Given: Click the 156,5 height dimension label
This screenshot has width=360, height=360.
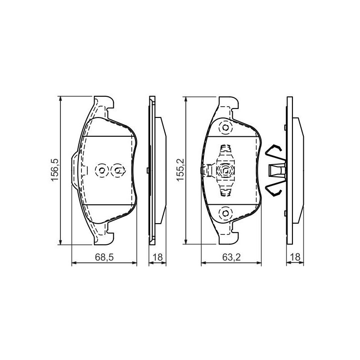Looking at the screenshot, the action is pos(55,170).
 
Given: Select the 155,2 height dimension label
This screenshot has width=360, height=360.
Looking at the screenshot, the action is pos(180,170).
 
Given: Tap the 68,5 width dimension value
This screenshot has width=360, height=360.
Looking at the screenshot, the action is pos(104,257).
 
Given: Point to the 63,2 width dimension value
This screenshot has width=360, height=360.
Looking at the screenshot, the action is pos(231,257).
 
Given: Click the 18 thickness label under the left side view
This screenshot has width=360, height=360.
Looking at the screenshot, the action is pos(157,257).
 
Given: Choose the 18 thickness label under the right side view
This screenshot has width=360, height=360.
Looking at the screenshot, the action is pos(295,257).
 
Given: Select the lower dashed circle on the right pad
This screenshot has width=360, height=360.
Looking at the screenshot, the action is pos(226,213).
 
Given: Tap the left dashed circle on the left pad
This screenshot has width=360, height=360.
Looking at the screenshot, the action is pos(102,171).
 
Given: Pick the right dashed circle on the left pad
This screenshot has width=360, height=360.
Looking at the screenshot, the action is pos(118,171).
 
